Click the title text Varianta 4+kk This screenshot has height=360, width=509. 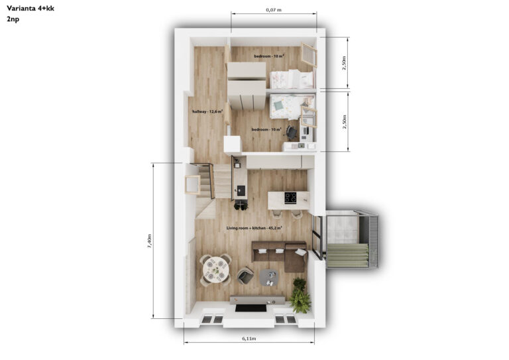tap(30, 9)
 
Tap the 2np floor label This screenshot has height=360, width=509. tap(13, 19)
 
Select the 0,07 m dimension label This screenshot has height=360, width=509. tap(274, 10)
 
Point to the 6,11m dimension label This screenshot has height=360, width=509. tap(249, 338)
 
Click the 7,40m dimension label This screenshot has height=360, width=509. tap(149, 241)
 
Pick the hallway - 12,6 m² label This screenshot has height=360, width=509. tap(207, 111)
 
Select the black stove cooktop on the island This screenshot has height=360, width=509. tap(290, 198)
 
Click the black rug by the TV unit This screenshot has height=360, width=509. tap(251, 308)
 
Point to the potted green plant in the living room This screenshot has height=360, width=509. tap(300, 296)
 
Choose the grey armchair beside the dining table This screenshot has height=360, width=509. tap(245, 276)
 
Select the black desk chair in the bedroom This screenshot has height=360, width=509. tap(292, 133)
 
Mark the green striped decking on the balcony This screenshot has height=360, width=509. tap(348, 256)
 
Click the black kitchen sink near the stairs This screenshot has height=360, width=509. tap(241, 190)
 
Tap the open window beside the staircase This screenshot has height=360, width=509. tap(192, 185)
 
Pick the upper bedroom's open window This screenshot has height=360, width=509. tap(309, 55)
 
